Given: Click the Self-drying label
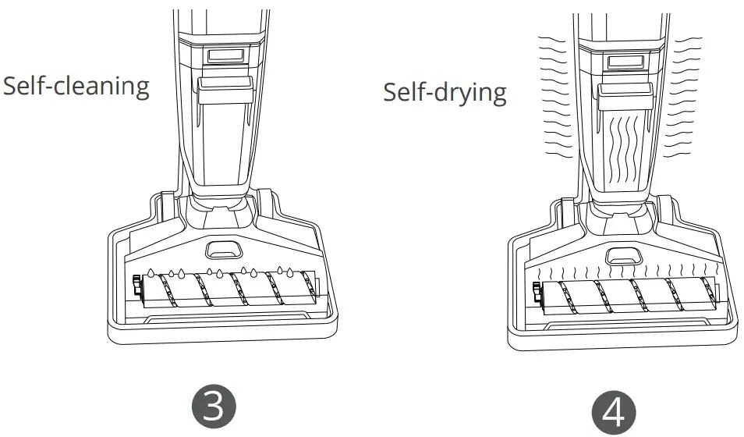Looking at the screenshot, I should (445, 92).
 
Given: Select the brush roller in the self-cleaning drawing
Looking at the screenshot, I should (226, 292).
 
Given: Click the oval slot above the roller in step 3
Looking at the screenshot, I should (223, 250).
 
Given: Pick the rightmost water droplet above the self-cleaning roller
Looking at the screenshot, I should (291, 273).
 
